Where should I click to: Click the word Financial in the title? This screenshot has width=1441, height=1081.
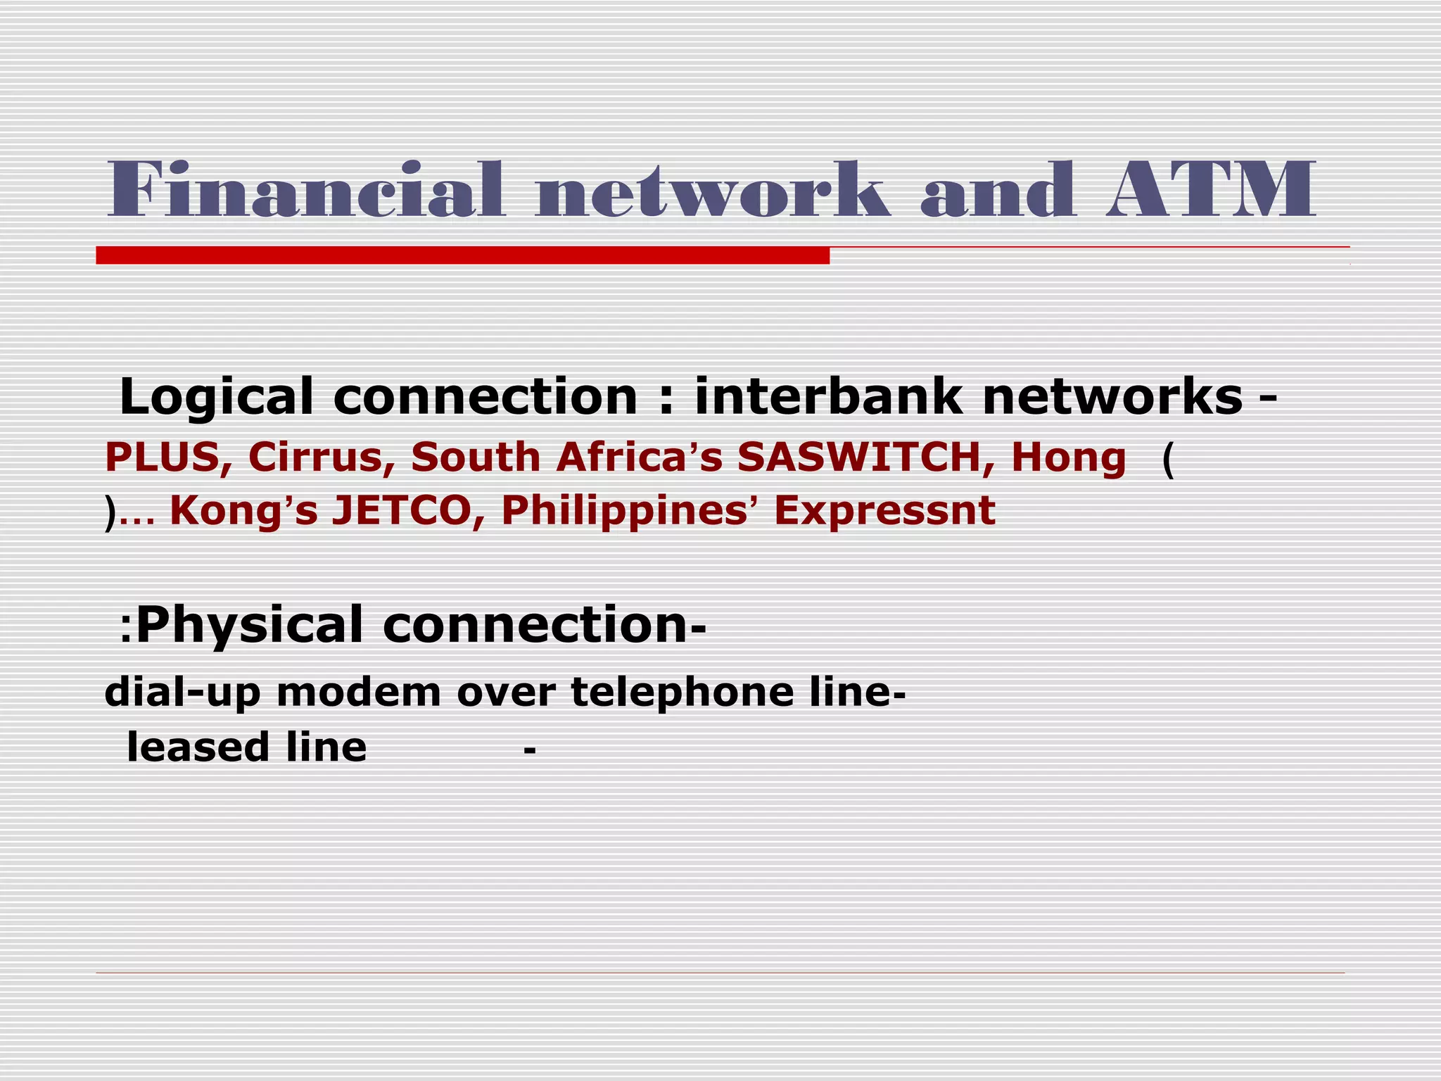coord(306,190)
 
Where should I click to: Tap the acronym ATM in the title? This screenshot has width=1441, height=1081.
coord(1210,190)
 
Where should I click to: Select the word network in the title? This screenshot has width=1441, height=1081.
coord(711,190)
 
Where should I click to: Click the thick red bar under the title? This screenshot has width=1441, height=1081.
coord(462,255)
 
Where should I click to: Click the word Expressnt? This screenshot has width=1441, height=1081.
coord(884,510)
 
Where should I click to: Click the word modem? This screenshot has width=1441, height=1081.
coord(359,693)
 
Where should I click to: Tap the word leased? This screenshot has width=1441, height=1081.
coord(197,747)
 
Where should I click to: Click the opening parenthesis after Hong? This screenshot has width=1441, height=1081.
coord(1168,460)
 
